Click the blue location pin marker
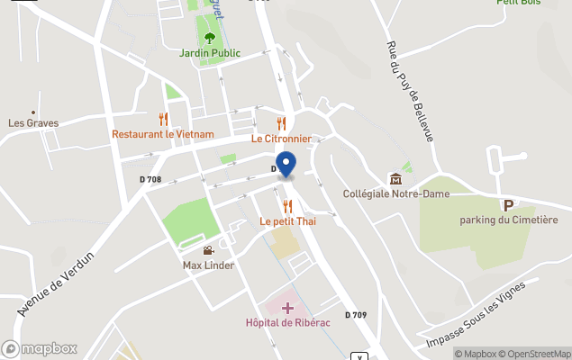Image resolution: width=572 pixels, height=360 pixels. pos(286,165)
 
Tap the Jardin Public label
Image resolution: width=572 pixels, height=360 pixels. pos(209,53)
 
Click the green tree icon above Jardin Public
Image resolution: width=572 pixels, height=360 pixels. pos(210,38)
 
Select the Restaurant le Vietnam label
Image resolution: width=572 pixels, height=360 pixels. pos(163,134)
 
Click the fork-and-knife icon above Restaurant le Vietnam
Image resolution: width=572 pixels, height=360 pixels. pos(163,119)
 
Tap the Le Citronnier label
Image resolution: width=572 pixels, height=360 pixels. pos(281,139)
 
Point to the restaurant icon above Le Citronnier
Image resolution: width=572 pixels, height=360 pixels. pos(281,124)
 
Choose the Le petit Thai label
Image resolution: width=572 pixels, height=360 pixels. pos(287,220)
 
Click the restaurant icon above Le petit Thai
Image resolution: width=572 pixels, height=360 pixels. pos(287,206)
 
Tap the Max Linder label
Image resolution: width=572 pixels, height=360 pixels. pos(208,265)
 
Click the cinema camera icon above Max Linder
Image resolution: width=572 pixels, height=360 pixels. pos(208,251)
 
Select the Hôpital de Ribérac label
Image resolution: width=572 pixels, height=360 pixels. pos(288,322)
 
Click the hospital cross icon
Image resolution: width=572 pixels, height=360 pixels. pos(287,308)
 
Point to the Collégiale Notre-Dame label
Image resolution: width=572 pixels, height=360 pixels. pos(395,193)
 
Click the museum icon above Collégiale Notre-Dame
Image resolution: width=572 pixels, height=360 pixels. pos(395,178)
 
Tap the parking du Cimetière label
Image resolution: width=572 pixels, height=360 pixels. pos(509,220)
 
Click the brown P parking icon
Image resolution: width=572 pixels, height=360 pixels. pos(508,205)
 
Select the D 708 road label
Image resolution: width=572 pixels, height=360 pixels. pos(150,180)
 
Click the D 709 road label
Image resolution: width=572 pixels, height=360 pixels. pos(355,315)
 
